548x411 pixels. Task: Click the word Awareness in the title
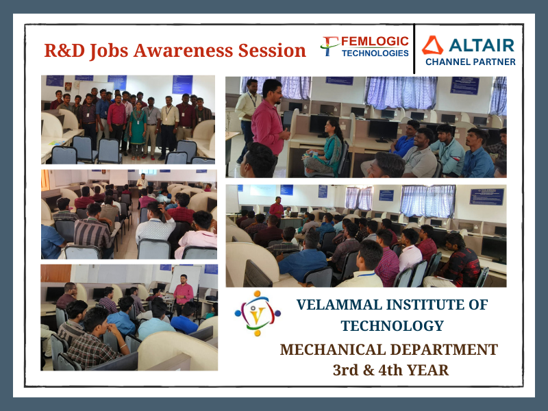tap(183, 50)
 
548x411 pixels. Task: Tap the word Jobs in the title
tap(109, 51)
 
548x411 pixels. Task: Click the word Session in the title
tap(272, 50)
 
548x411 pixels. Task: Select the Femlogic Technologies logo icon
tap(329, 46)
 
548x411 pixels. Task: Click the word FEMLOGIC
tap(375, 41)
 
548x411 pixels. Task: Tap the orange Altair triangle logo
tap(432, 45)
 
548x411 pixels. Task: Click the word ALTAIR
tap(482, 45)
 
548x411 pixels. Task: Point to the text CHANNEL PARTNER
tap(471, 62)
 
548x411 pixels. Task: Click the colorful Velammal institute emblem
tap(258, 313)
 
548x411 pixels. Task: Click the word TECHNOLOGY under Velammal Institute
tap(392, 326)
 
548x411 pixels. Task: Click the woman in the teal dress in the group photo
tap(138, 129)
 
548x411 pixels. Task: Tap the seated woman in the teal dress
tap(325, 147)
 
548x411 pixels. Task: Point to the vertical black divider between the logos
tap(414, 49)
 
